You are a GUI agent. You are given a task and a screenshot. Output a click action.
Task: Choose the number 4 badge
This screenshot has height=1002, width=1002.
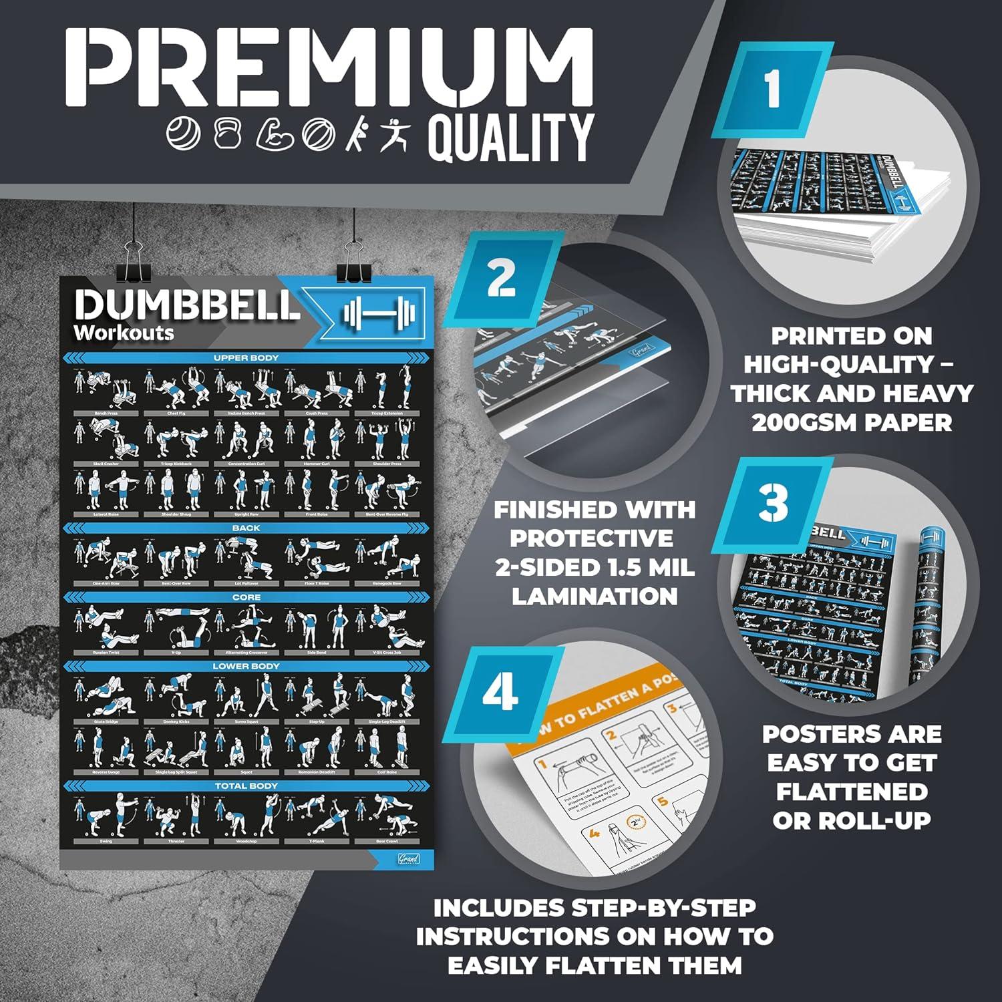500,693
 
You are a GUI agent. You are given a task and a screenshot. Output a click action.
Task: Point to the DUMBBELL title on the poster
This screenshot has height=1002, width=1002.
187,305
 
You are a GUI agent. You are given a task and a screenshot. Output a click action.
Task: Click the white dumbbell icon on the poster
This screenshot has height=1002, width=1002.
379,312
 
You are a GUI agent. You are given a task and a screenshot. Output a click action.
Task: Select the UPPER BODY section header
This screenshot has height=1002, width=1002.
246,358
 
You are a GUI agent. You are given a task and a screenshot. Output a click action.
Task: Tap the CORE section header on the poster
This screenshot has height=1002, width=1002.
246,597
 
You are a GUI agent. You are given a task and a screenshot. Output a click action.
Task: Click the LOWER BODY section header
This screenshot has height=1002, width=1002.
246,666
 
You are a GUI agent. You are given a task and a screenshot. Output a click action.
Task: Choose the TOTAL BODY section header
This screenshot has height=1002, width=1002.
246,786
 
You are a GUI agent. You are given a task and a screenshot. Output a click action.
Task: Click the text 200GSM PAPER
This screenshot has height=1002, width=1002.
851,422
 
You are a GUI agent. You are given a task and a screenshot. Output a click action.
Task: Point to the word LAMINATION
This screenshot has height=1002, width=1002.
595,596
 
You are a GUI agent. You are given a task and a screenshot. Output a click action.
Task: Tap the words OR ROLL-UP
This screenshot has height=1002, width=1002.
851,820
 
